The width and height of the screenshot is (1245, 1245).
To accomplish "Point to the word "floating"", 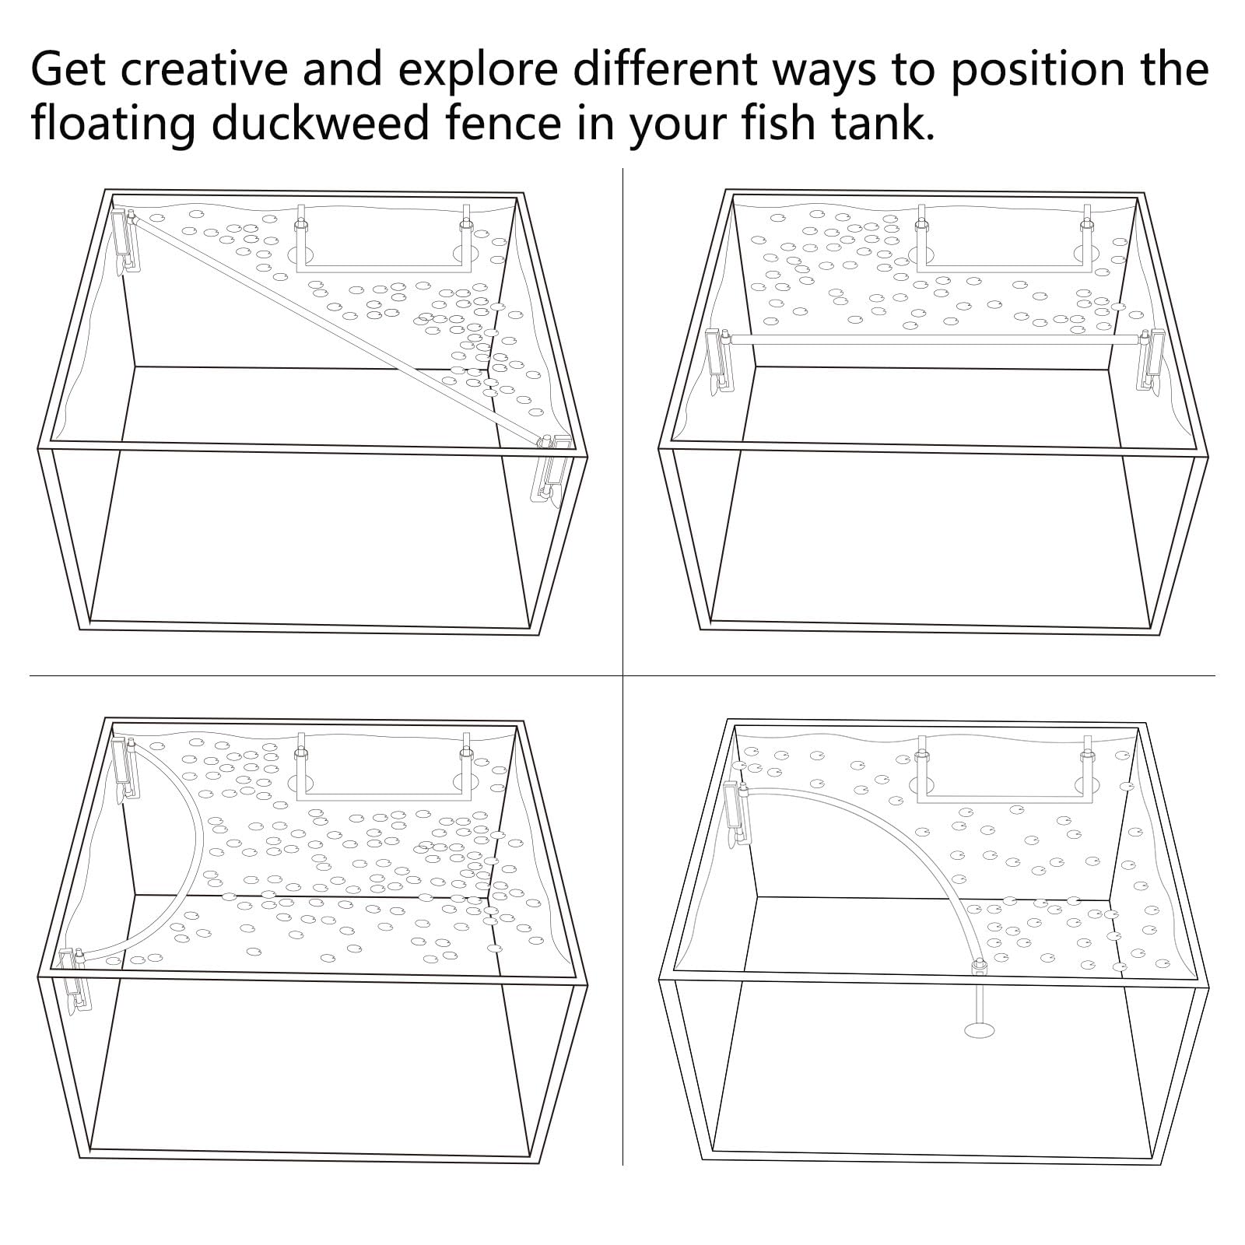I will coord(113,123).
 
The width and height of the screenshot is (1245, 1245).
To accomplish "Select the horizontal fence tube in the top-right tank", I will coord(934,339).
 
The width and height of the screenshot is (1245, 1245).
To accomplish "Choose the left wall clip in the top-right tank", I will coord(717,358).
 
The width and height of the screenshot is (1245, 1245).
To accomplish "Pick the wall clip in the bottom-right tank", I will coord(734,813).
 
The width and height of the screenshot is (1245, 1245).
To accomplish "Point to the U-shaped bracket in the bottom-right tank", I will coord(1004,778).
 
